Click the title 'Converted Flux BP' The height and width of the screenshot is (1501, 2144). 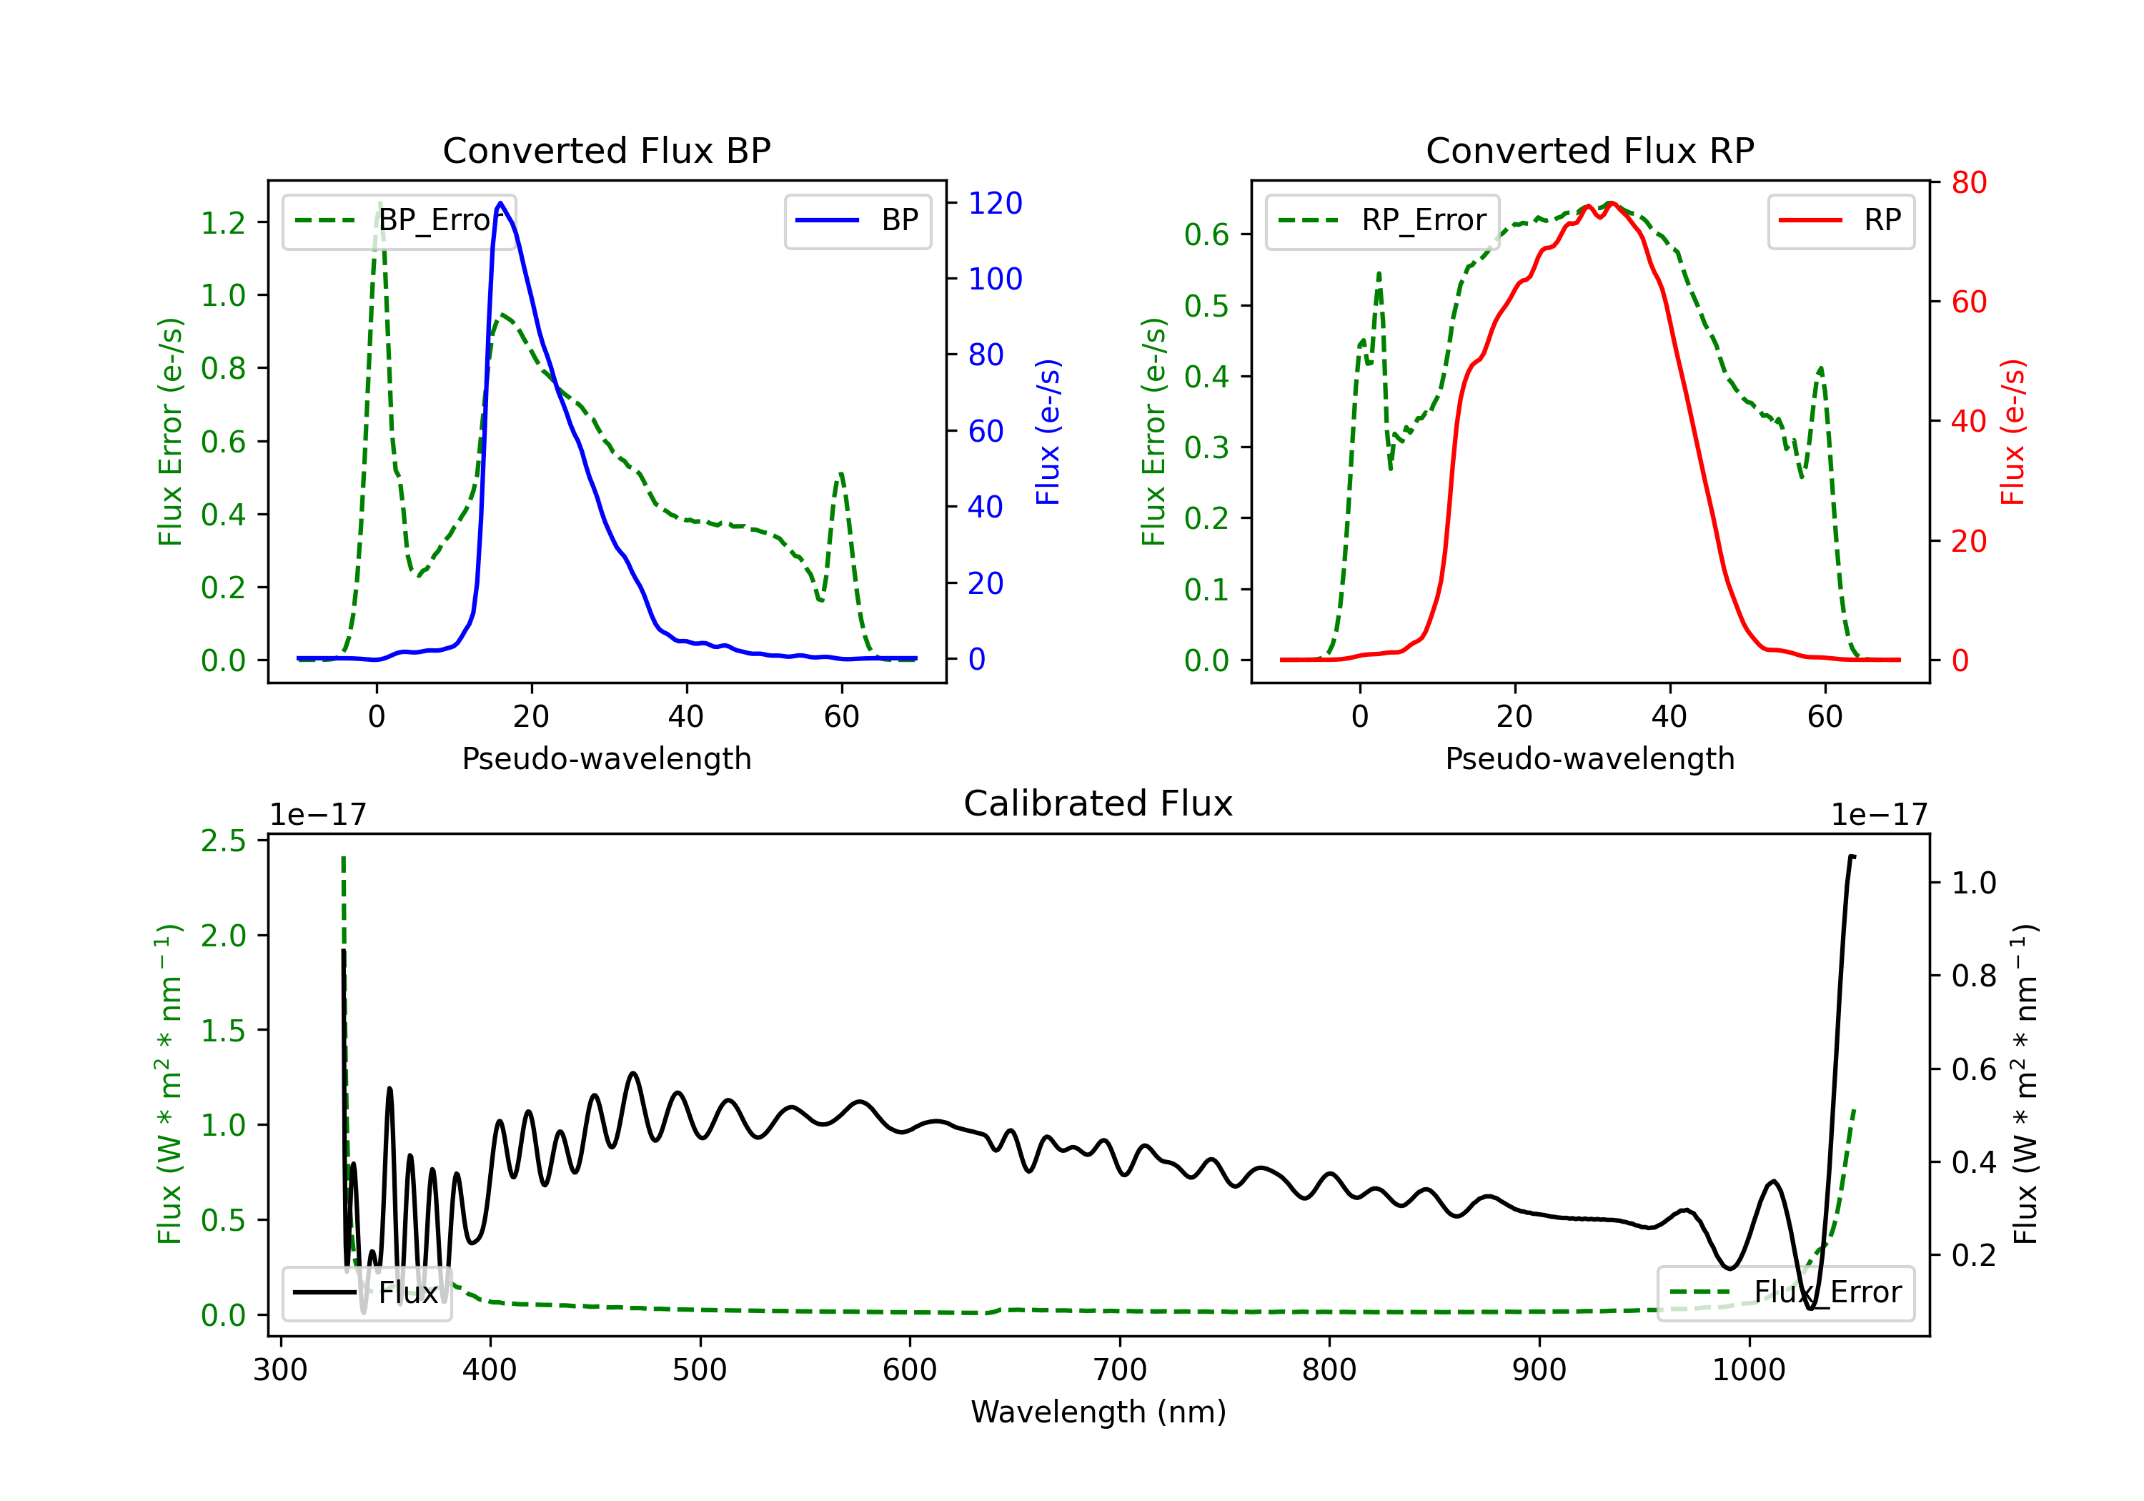pyautogui.click(x=607, y=150)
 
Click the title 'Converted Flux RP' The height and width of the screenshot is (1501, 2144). pyautogui.click(x=1590, y=150)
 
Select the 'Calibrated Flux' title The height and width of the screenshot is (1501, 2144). pyautogui.click(x=1098, y=803)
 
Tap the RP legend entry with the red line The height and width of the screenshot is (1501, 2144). pyautogui.click(x=1840, y=220)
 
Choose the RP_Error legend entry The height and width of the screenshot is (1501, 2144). pyautogui.click(x=1382, y=220)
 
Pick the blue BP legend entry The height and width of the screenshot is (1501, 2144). pyautogui.click(x=857, y=220)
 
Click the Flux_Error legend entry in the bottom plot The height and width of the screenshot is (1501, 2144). pyautogui.click(x=1785, y=1293)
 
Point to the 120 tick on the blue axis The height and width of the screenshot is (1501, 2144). pyautogui.click(x=996, y=203)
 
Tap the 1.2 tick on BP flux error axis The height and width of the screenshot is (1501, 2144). pyautogui.click(x=223, y=222)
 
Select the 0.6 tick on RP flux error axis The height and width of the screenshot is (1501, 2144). pyautogui.click(x=1206, y=234)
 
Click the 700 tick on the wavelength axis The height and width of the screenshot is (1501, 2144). pyautogui.click(x=1120, y=1369)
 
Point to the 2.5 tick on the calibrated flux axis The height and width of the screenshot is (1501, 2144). pyautogui.click(x=223, y=841)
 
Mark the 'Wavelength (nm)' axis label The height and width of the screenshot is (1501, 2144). pyautogui.click(x=1098, y=1412)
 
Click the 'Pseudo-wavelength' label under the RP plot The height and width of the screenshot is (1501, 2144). pyautogui.click(x=1590, y=758)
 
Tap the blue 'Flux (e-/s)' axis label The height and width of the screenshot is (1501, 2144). pyautogui.click(x=1048, y=432)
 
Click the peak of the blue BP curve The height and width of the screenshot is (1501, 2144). pyautogui.click(x=500, y=203)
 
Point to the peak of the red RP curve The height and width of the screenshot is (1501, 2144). pyautogui.click(x=1611, y=203)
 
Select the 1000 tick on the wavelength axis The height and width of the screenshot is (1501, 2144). pyautogui.click(x=1749, y=1369)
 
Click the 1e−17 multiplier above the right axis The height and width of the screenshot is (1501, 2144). pyautogui.click(x=1879, y=815)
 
